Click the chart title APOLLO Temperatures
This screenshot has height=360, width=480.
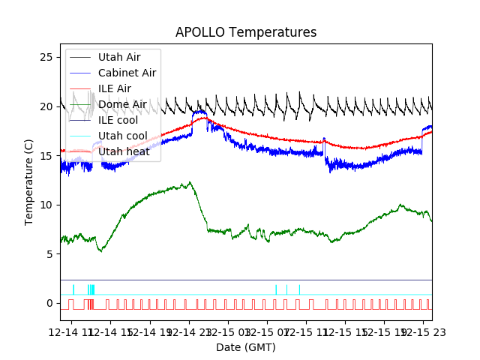tap(246, 33)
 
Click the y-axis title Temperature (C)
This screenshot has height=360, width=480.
tap(30, 182)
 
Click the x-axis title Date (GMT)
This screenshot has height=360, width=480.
tap(246, 347)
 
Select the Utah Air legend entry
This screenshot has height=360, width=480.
tap(118, 57)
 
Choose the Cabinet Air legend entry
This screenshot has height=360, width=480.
tap(127, 73)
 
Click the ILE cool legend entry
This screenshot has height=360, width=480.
tap(118, 120)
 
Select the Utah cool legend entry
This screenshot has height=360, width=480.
tap(122, 136)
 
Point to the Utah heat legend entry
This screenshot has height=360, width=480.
tap(123, 151)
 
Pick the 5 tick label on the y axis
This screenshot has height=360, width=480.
tap(49, 254)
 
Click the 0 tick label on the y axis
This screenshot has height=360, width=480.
tap(49, 303)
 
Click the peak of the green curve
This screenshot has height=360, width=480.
tap(190, 182)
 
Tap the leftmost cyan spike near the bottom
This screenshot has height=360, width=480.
tap(73, 289)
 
